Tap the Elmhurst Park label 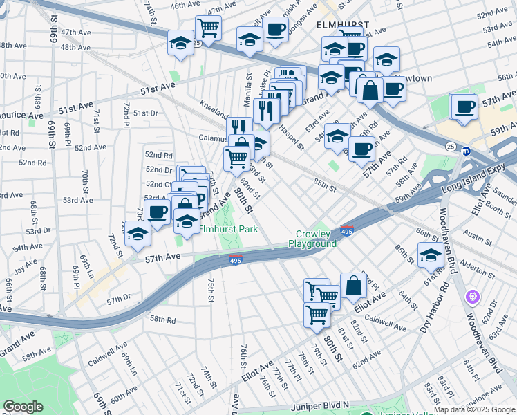coord(228,228)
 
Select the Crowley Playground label coord(317,239)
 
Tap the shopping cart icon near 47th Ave coord(208,28)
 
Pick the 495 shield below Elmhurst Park coord(236,258)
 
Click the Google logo coord(23,407)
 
